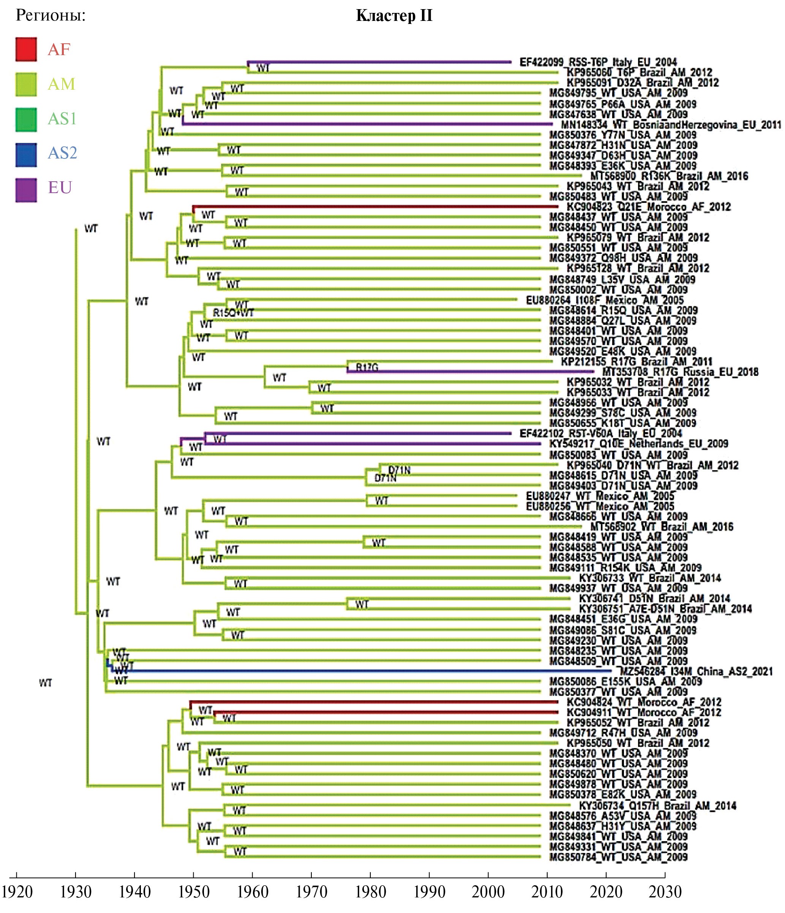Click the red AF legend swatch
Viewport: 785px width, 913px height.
click(x=26, y=49)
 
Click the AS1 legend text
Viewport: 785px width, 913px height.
click(x=62, y=119)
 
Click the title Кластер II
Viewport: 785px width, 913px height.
click(x=394, y=16)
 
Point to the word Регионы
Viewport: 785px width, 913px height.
click(x=51, y=16)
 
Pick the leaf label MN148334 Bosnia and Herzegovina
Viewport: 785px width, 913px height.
click(x=671, y=125)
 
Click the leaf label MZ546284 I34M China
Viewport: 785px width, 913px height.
click(x=696, y=672)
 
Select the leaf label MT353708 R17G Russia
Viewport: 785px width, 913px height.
click(x=680, y=372)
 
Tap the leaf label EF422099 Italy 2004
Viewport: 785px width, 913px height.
click(x=598, y=62)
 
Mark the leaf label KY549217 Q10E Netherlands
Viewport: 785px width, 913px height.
click(x=638, y=444)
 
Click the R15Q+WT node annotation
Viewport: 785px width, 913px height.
click(x=233, y=313)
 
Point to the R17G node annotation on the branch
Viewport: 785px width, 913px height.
click(x=367, y=367)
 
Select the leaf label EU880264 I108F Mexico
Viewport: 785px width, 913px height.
click(x=605, y=300)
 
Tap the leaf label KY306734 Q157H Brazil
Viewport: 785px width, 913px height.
click(x=657, y=806)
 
